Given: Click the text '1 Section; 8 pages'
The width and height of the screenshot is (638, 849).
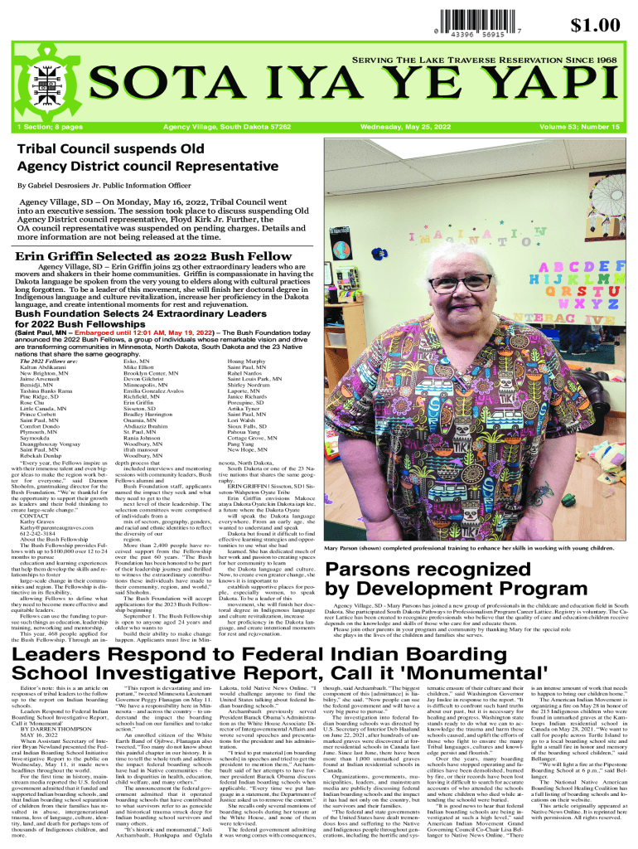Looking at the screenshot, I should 51,128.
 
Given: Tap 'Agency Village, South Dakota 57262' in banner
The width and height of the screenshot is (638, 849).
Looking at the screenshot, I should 226,128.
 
